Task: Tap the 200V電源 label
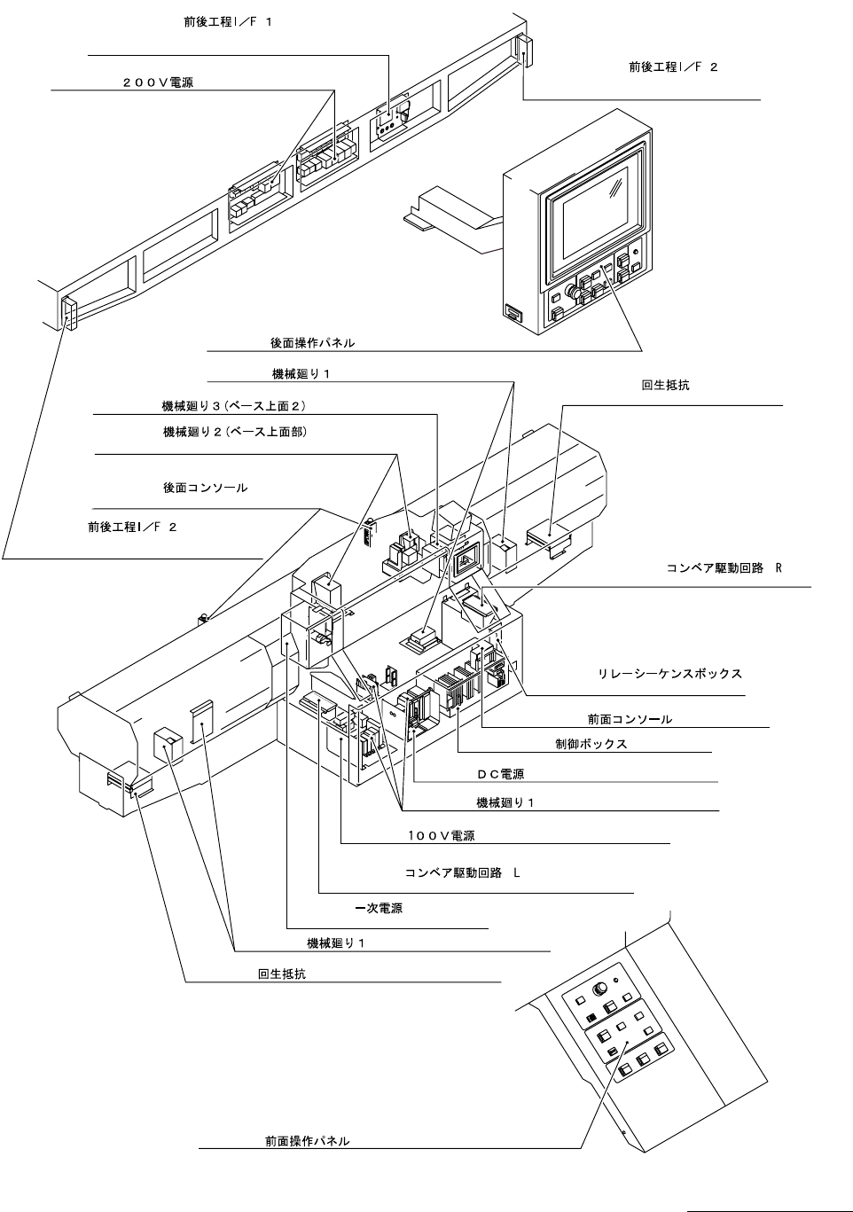tap(159, 82)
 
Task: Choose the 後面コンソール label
tap(205, 488)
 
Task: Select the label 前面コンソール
tap(630, 719)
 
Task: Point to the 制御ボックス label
tap(585, 744)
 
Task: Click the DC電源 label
tap(500, 774)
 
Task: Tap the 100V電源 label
tap(441, 835)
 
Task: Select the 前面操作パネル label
tap(307, 1140)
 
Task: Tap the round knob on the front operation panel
tap(602, 988)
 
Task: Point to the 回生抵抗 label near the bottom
tap(282, 974)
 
